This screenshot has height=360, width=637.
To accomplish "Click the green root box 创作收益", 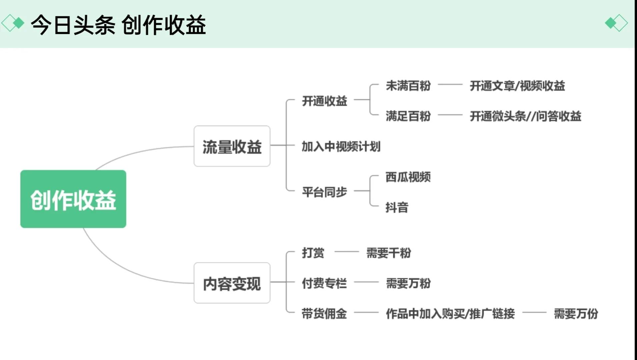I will [x=73, y=199].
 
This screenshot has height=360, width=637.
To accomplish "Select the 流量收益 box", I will [x=232, y=146].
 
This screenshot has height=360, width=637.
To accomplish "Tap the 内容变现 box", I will [x=232, y=283].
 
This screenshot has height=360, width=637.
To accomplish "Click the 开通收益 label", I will [x=324, y=100].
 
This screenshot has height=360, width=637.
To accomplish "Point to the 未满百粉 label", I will [x=408, y=86].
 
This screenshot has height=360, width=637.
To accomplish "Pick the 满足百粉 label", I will [x=408, y=116].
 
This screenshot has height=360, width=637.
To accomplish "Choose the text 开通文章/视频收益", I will [x=517, y=86].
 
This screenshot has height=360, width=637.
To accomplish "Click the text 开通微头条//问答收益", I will [x=525, y=116].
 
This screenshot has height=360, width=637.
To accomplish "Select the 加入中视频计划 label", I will [x=341, y=146].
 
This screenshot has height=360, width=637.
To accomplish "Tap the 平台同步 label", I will [x=324, y=192].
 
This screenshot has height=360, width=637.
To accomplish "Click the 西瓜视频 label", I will [x=408, y=177].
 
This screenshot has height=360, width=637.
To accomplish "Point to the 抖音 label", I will [x=397, y=207].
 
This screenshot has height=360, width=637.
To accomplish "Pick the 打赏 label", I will [x=313, y=253].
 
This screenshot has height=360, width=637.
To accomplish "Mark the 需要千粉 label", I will [x=389, y=253].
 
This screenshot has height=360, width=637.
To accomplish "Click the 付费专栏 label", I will [x=324, y=283].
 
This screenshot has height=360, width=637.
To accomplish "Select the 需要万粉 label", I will [x=408, y=283].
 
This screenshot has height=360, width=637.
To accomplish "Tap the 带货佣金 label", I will [x=324, y=313].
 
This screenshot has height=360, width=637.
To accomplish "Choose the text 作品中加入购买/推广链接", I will [x=450, y=313].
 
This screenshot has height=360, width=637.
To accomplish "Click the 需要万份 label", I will [x=576, y=313].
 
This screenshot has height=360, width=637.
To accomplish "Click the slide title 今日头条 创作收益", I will [x=118, y=24].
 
